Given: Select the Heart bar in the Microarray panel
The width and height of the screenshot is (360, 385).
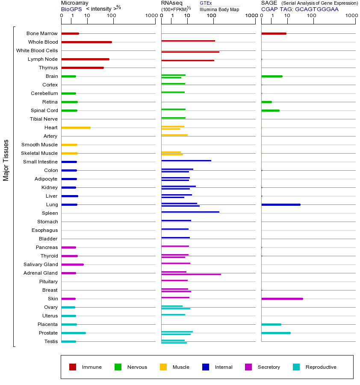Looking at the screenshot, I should pos(76,127).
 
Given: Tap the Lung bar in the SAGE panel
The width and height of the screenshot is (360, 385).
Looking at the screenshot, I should pos(280,204).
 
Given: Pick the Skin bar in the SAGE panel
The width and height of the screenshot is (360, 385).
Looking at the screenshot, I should pos(282,299).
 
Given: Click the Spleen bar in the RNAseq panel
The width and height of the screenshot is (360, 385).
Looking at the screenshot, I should pos(190,212).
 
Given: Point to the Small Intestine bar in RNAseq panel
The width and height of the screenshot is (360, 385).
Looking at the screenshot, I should pos(186,160).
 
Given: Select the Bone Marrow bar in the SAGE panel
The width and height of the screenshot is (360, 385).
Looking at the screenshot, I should pos(274,33).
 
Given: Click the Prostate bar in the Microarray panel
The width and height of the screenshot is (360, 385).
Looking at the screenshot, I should pos(73,333).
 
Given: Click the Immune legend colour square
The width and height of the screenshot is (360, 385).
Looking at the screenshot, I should pos(73,367).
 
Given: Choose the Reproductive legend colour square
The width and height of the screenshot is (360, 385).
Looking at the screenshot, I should pos(296,367).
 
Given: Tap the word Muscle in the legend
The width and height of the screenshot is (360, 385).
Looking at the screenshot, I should pos(181,367).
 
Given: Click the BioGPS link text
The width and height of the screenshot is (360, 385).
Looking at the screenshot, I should pos(71,9).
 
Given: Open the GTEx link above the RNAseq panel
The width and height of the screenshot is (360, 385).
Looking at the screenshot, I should pos(206,3).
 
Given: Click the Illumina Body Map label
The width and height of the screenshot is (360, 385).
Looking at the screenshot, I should pos(219,9).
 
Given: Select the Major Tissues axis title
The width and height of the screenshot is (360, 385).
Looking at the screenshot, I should pos(6,160).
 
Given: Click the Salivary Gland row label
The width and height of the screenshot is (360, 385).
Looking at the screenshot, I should pos(41,264).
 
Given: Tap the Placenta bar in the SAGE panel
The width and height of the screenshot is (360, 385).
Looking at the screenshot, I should pos(271,324).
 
